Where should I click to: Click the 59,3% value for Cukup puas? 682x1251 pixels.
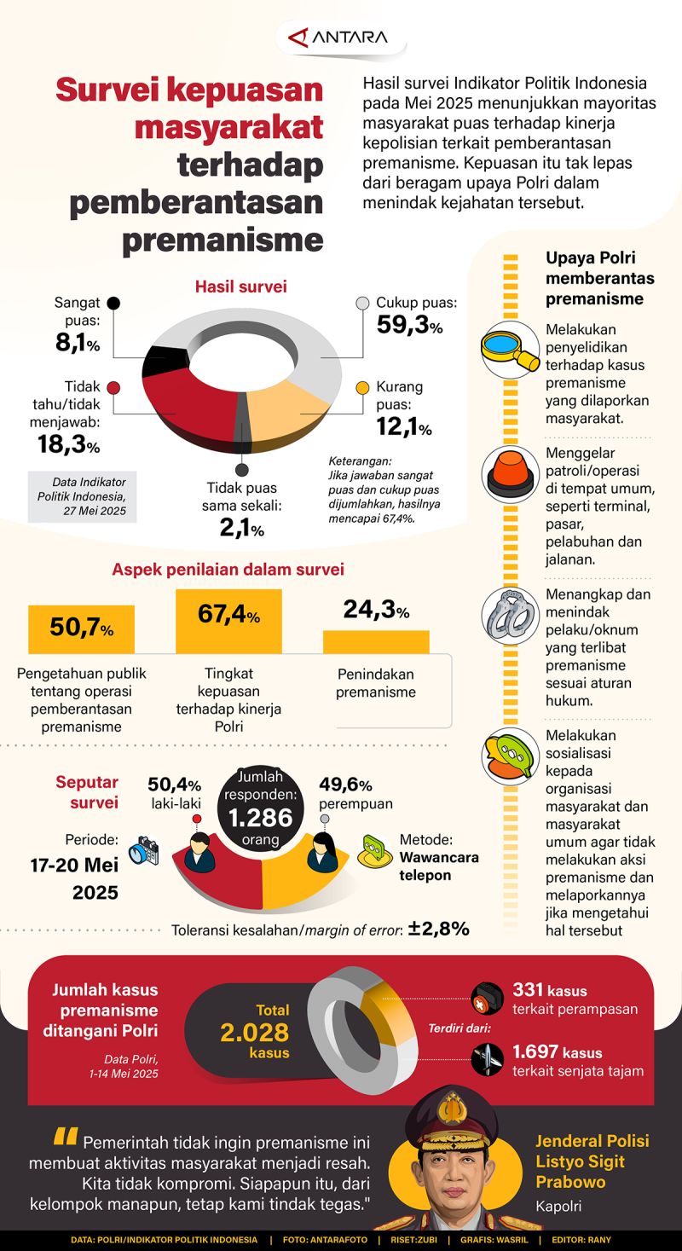(x=409, y=325)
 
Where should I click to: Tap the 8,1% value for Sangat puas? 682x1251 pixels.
(x=77, y=344)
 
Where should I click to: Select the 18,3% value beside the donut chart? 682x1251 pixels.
(x=68, y=444)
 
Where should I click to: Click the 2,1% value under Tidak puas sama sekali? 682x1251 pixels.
(x=242, y=529)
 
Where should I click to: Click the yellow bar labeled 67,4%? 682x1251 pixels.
(x=228, y=621)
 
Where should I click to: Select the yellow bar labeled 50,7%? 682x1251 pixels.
(x=81, y=629)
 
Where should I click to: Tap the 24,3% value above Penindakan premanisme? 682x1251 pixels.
(x=375, y=611)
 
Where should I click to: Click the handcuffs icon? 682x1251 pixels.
(x=509, y=614)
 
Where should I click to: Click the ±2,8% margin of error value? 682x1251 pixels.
(x=438, y=929)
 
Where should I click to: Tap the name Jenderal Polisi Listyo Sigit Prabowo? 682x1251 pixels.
(x=592, y=1161)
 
